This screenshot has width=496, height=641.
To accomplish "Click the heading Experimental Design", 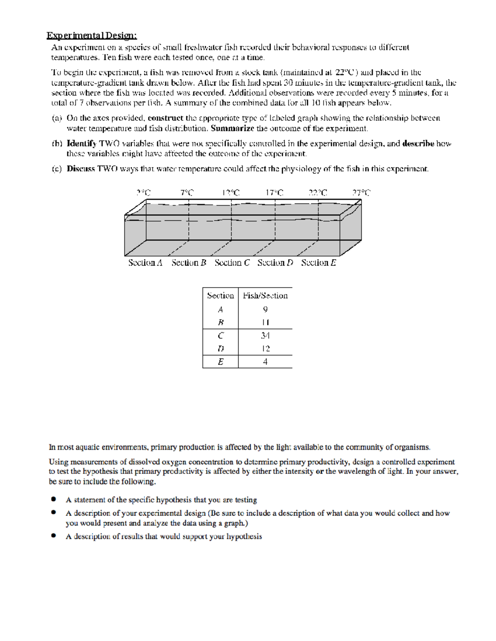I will coord(91,35).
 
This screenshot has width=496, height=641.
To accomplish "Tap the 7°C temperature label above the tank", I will coord(187,192).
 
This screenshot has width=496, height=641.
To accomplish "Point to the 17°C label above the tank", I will coord(275,192).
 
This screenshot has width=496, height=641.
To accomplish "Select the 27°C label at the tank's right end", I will coord(361,192).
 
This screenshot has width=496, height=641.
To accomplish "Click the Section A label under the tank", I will coord(145,263).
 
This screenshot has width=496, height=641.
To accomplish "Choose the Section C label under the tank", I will coord(232,263).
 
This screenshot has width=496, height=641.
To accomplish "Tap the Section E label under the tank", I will coord(318,263).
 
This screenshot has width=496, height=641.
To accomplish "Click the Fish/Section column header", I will coord(265,296).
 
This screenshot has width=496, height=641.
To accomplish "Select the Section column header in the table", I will coord(220,296).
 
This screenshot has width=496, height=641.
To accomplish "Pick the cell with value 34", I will coord(265,336).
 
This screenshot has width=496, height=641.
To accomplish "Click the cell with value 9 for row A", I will coord(265,309).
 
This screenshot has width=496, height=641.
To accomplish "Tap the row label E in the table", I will coord(220,362).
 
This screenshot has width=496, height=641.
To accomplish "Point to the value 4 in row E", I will coord(265,362).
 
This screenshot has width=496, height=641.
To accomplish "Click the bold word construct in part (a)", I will coord(165,118).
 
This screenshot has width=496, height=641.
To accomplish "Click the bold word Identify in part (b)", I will coord(81,144).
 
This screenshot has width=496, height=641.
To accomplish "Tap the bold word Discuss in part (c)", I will coord(81,169).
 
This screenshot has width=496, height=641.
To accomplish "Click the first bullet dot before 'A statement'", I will coord(53,499).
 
